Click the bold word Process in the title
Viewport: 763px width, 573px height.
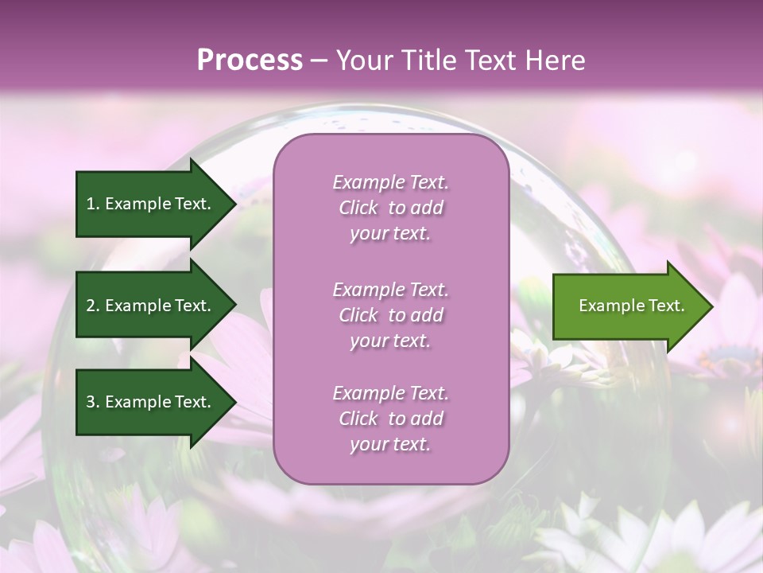(250, 60)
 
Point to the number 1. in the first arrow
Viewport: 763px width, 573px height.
(93, 204)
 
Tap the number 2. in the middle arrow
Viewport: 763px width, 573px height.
(93, 306)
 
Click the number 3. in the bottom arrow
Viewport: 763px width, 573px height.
(93, 402)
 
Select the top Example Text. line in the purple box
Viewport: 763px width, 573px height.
(390, 182)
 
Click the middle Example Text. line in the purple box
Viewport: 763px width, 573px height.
(390, 289)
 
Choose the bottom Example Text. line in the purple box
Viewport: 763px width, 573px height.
(390, 393)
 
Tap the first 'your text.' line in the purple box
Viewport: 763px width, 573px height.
(390, 234)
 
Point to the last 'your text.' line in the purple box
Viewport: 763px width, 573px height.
(390, 445)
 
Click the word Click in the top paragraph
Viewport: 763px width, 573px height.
(358, 209)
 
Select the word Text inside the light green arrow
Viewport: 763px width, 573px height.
(666, 306)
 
